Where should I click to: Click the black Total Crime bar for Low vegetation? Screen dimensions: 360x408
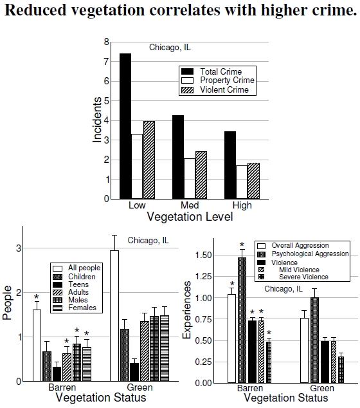[125, 126]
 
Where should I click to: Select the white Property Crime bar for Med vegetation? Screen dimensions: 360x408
[190, 179]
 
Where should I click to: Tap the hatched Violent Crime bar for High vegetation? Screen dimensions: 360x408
[253, 181]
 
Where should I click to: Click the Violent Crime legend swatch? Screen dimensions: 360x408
[188, 90]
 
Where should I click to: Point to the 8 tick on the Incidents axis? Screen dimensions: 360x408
[107, 42]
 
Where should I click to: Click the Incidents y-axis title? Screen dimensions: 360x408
[97, 120]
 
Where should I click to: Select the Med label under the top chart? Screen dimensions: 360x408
[190, 205]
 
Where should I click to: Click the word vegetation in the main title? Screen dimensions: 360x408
[108, 10]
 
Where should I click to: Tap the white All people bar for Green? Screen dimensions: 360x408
[114, 316]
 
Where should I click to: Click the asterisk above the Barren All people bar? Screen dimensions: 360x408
[37, 297]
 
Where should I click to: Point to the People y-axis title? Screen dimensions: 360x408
[7, 302]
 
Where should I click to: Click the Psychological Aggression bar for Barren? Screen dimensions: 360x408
[242, 320]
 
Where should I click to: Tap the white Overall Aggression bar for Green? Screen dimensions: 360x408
[304, 350]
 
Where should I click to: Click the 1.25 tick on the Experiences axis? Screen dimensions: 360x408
[204, 276]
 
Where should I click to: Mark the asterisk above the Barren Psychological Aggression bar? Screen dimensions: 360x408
[242, 245]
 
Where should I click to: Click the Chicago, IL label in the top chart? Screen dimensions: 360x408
[170, 48]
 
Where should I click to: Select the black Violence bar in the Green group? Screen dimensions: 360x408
[325, 362]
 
